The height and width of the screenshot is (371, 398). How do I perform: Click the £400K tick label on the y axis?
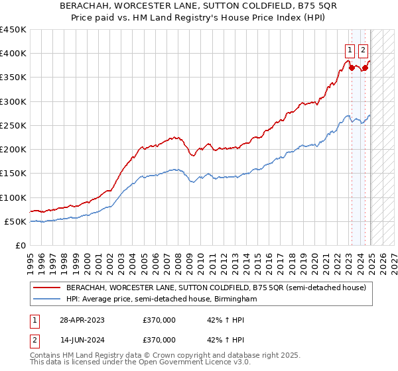click(x=13, y=54)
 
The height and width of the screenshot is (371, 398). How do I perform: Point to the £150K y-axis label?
click(x=13, y=174)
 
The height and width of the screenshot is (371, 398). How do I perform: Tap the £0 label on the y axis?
click(x=21, y=245)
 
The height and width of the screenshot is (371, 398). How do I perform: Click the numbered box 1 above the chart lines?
click(x=350, y=48)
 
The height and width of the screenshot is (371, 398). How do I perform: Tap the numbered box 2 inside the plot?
click(x=364, y=48)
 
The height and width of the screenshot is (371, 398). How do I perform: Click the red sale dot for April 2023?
click(x=352, y=68)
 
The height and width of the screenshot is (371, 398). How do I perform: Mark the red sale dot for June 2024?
click(x=365, y=68)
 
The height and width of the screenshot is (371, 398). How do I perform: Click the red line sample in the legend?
click(x=46, y=288)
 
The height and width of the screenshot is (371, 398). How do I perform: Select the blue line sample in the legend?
click(x=46, y=299)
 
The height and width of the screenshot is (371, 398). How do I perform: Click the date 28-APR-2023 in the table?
click(x=82, y=320)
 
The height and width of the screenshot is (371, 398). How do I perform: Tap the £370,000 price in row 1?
click(x=159, y=320)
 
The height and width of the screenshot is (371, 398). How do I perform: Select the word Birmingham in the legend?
click(x=237, y=299)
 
